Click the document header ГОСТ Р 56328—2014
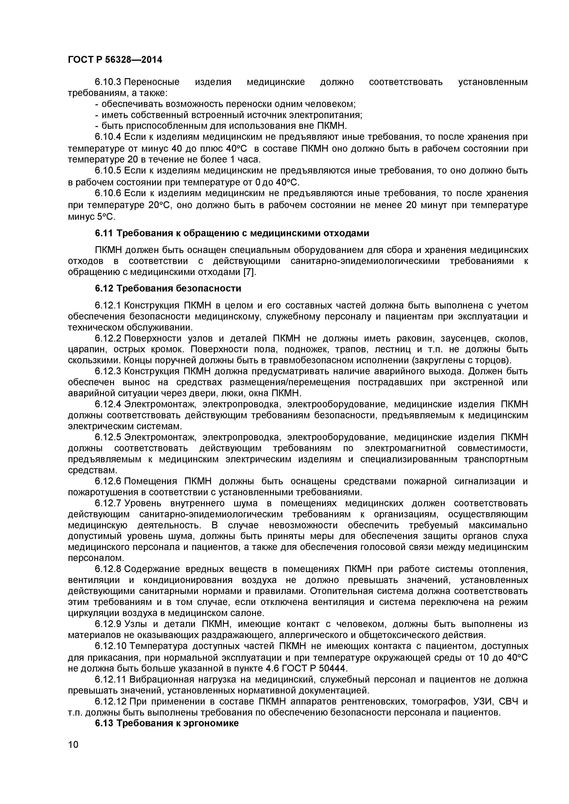pyautogui.click(x=115, y=60)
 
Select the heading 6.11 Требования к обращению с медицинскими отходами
pyautogui.click(x=232, y=233)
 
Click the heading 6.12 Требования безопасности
pyautogui.click(x=168, y=289)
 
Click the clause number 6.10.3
pyautogui.click(x=108, y=82)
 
